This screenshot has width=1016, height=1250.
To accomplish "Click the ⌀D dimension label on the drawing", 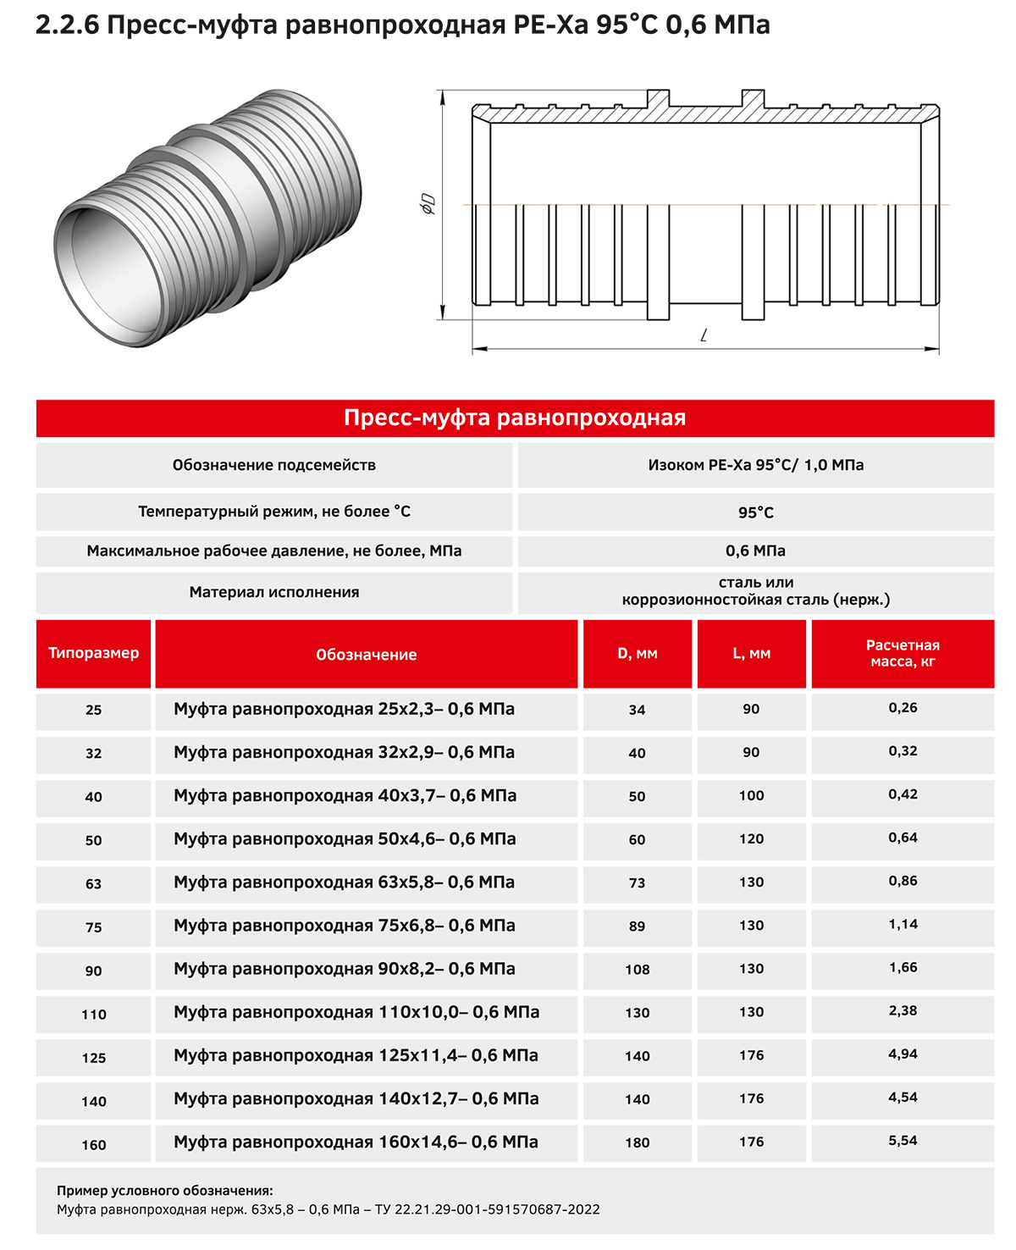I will pyautogui.click(x=429, y=204).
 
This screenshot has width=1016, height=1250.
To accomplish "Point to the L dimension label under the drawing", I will pyautogui.click(x=704, y=335).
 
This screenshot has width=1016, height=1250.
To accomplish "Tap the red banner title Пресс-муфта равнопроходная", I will pyautogui.click(x=515, y=418).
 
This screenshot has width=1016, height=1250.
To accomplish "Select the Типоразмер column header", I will pyautogui.click(x=93, y=653).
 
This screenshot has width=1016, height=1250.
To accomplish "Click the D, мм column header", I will pyautogui.click(x=638, y=654).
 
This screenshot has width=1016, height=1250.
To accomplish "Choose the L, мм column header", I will pyautogui.click(x=751, y=654).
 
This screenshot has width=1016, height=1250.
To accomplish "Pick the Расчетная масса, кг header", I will pyautogui.click(x=903, y=653).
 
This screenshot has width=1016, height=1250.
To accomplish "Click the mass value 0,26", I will pyautogui.click(x=903, y=708).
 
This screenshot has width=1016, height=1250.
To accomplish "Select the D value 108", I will pyautogui.click(x=638, y=970).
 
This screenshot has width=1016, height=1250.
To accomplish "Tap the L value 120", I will pyautogui.click(x=751, y=839).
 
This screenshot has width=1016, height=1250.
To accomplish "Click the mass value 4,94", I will pyautogui.click(x=903, y=1054).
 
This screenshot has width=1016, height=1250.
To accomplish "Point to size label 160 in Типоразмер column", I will pyautogui.click(x=93, y=1145).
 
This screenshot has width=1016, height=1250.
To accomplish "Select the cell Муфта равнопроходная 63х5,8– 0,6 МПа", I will pyautogui.click(x=344, y=882).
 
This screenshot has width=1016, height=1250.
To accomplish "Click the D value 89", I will pyautogui.click(x=638, y=926).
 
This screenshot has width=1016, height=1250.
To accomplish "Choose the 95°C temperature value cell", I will pyautogui.click(x=755, y=512).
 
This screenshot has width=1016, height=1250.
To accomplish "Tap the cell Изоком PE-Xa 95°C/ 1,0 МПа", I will pyautogui.click(x=755, y=465).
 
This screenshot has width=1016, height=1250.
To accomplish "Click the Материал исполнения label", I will pyautogui.click(x=273, y=592).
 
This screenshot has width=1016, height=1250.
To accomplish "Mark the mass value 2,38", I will pyautogui.click(x=903, y=1011).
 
